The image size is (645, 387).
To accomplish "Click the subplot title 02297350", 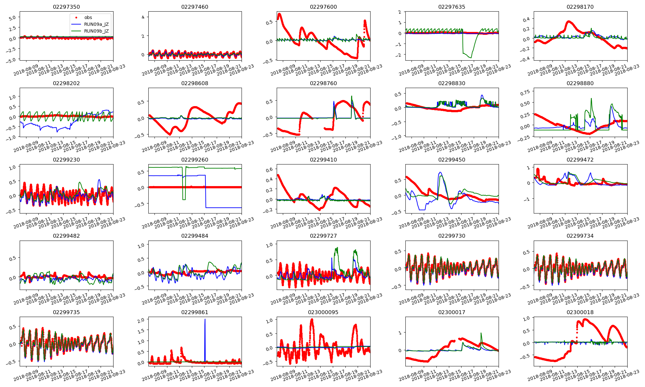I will pos(66,7).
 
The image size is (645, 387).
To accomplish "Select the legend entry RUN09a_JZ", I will pos(96,24).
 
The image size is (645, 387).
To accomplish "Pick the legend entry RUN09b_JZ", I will pos(96,31).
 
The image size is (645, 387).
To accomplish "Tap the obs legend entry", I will pos(88,17).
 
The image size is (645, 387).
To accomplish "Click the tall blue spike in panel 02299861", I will pos(205,320).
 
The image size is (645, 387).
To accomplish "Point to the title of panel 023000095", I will pos(323,312).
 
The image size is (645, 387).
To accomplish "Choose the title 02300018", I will pos(580,312).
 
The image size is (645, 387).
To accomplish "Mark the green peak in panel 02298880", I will pos(591,99).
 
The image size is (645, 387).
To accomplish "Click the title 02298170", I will pos(580,7).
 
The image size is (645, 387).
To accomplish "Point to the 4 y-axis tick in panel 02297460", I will pos(143,17).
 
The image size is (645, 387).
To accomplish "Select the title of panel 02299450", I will pos(452,160).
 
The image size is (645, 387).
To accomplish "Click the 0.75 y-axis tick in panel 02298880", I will pos(525,93).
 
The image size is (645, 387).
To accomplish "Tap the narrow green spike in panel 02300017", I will pos(481,333).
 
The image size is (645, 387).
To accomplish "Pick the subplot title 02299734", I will pos(580,236).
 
